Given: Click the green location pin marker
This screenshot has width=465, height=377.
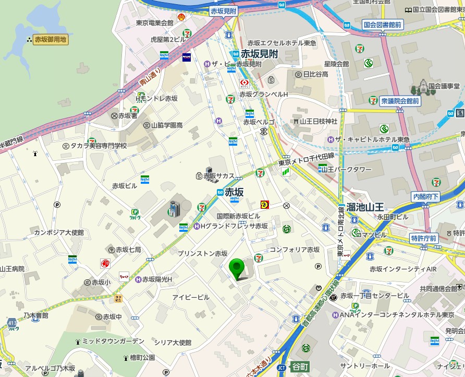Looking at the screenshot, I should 238,268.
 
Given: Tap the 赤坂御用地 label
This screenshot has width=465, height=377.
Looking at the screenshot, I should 51,39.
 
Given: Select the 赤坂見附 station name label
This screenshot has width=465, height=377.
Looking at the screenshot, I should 259,54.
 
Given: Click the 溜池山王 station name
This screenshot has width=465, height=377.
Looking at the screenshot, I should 365,207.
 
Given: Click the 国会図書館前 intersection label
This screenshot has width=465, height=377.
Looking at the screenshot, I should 383,25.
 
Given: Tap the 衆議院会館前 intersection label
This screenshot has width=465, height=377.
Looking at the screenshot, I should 400,101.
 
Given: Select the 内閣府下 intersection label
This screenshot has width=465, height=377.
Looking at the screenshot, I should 426,197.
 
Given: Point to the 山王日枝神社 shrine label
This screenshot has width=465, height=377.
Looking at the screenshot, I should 319,121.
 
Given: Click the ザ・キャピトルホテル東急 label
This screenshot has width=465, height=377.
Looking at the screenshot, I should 372,139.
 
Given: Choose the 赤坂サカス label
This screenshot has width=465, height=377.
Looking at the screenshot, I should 219,176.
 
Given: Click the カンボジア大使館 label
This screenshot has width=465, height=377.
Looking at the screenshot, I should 59,232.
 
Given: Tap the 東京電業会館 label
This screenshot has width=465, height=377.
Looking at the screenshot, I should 154,23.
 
